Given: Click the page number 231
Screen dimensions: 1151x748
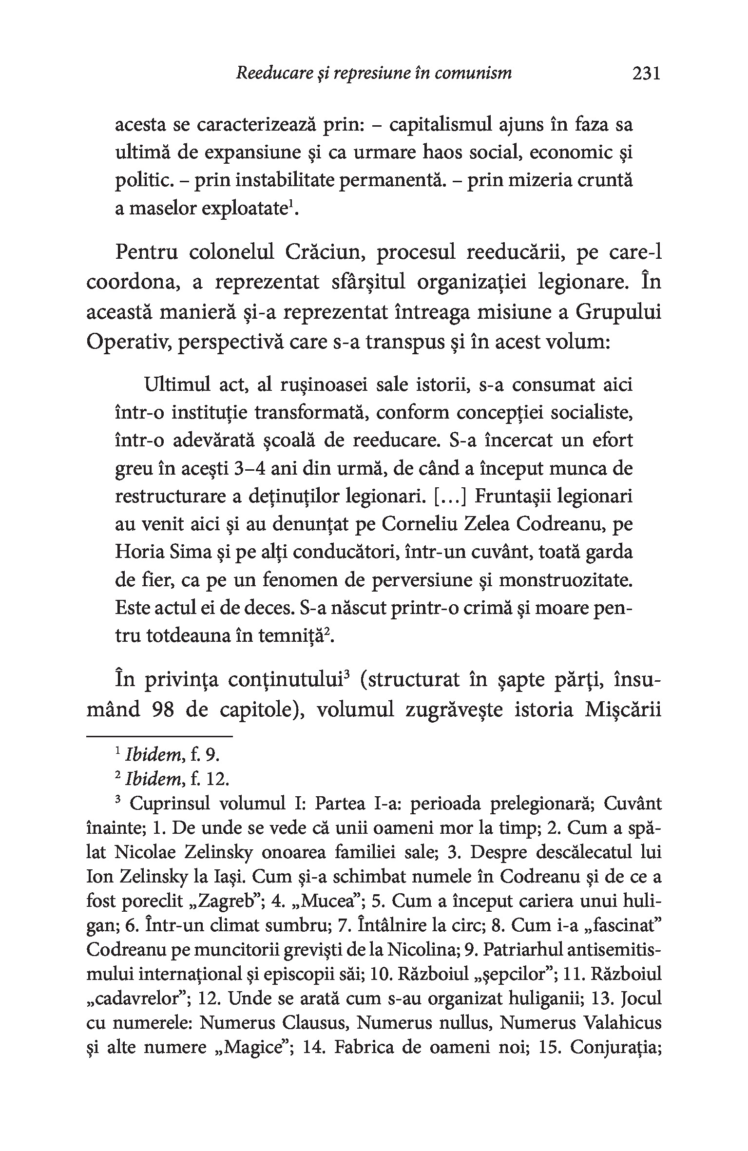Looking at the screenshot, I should coord(646,74).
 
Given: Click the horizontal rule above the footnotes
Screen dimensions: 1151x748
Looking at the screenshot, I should coord(159,736).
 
